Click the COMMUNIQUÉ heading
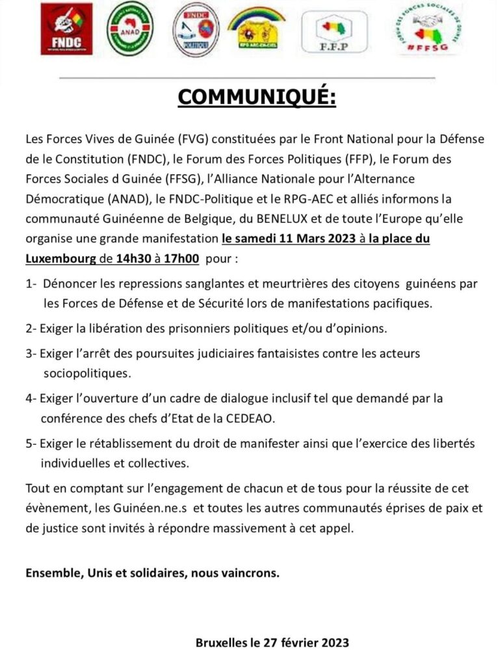[257, 97]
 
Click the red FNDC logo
[66, 28]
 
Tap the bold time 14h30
[133, 258]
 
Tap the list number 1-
[32, 284]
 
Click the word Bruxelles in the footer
[222, 642]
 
